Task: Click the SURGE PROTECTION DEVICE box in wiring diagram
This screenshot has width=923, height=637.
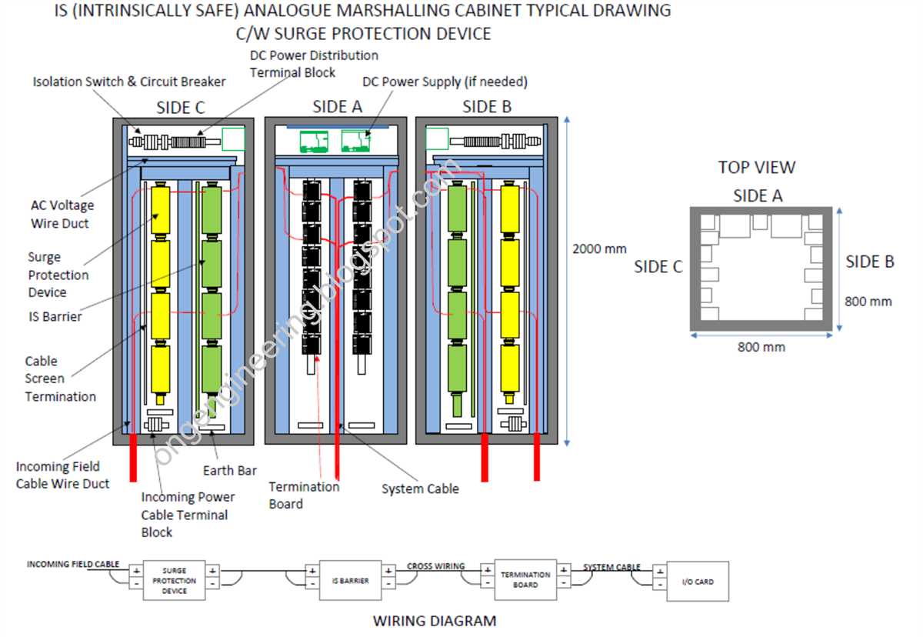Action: coord(175,581)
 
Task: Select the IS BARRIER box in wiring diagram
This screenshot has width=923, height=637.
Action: coord(351,581)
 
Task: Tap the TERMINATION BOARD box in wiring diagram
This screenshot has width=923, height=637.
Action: coord(525,579)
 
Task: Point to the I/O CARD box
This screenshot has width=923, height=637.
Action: coord(698,582)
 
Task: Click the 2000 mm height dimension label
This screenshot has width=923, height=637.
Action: coord(599,248)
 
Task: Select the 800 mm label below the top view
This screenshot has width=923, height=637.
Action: coord(761,347)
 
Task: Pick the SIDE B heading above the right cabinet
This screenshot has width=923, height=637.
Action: coord(487,107)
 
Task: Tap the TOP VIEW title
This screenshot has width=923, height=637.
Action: coord(757,167)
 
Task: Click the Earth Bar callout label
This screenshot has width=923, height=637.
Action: coord(230,471)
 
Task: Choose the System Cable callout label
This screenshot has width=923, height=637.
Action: coord(420,489)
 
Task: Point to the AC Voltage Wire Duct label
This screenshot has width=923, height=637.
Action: coord(62,215)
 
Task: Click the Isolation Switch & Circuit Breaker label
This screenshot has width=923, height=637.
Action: coord(129,82)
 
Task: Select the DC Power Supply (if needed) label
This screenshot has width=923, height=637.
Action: coord(445,82)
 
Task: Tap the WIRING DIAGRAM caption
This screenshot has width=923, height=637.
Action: coord(435,620)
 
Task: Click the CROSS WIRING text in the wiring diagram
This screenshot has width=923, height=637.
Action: coord(435,566)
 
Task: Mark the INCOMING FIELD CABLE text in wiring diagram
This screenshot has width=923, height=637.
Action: coord(73,564)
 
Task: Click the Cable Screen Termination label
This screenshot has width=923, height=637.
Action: coord(60,379)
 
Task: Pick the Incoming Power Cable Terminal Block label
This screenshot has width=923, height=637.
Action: coord(188,515)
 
